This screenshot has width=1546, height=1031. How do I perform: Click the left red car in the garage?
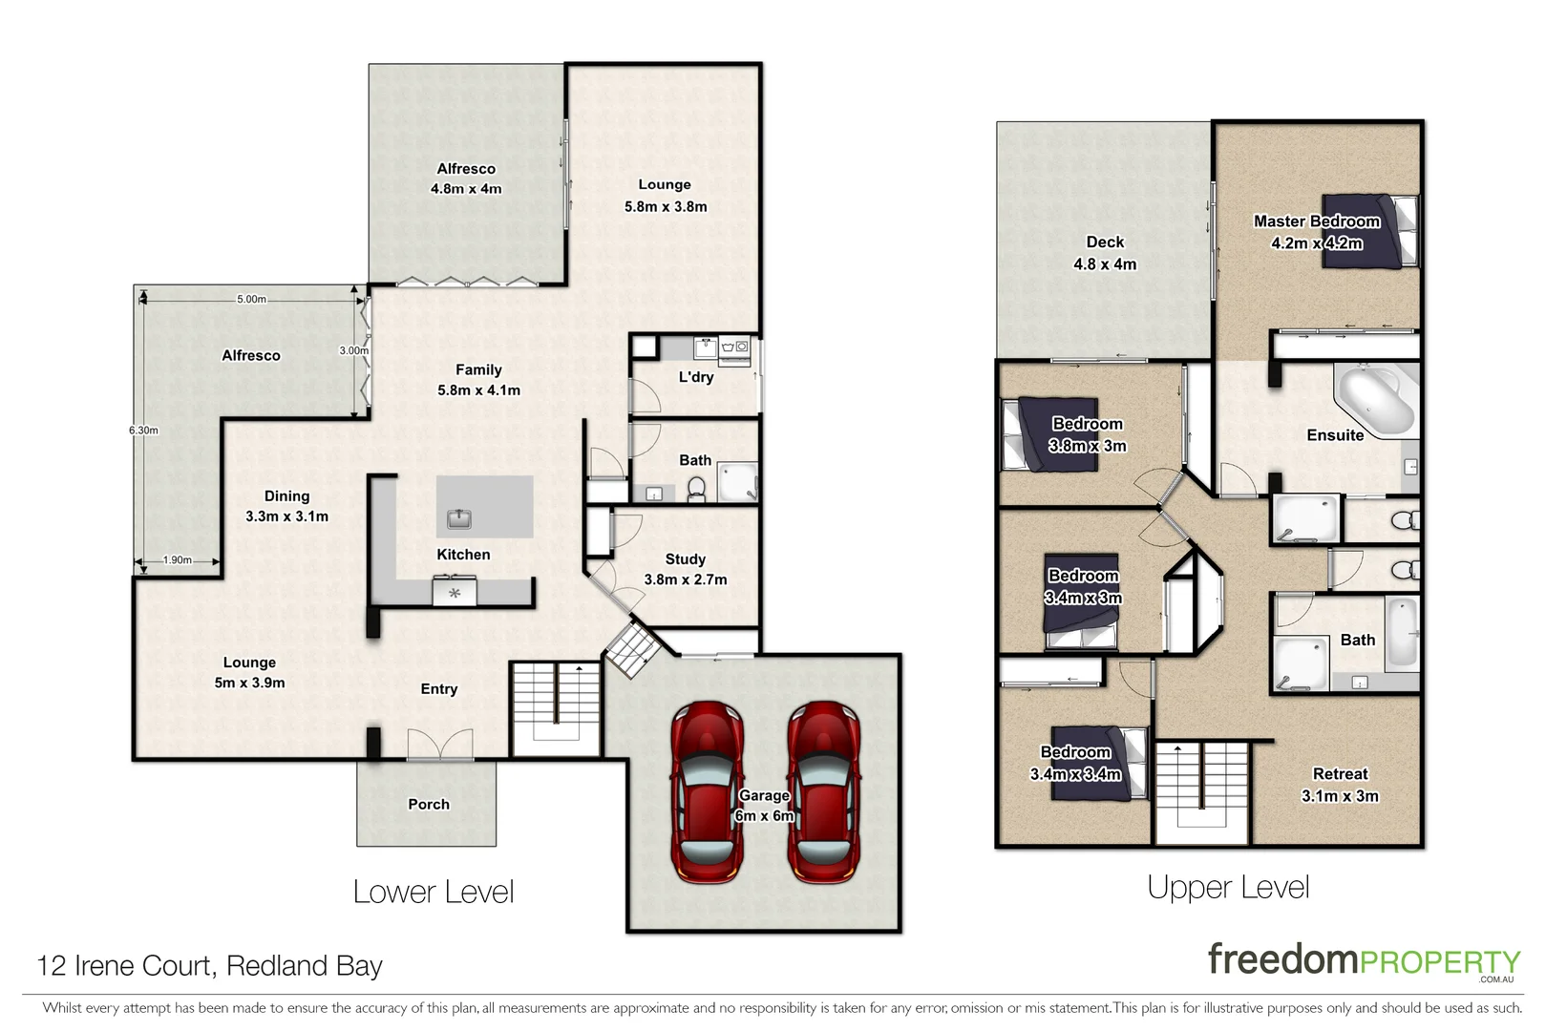point(706,792)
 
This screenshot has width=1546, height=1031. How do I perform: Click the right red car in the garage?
point(823,792)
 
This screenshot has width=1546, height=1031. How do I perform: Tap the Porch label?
point(428,805)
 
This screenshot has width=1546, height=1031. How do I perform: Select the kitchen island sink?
point(459,519)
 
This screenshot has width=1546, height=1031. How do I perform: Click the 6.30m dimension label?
point(143,431)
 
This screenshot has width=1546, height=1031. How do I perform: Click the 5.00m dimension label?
point(251,299)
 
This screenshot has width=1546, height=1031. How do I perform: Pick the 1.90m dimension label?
point(177,560)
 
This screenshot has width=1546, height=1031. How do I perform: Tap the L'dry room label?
point(696,377)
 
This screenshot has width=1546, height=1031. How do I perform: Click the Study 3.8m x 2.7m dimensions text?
point(685,579)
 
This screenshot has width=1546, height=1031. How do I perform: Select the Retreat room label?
point(1340,774)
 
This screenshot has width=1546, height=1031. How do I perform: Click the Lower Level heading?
point(434,892)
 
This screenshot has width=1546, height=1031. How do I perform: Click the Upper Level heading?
point(1228,887)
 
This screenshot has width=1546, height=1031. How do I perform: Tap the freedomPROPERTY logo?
point(1363,960)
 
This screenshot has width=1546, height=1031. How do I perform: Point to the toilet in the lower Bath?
point(696,490)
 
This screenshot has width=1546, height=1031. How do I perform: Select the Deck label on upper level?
point(1105,242)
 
